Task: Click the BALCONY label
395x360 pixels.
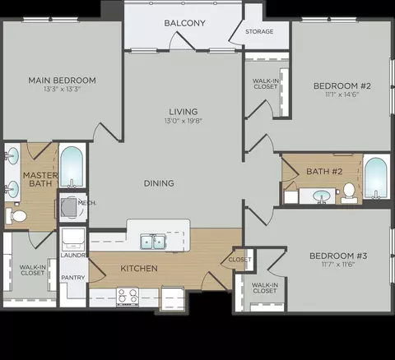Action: (x=184, y=23)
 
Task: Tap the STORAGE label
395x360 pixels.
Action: (x=259, y=31)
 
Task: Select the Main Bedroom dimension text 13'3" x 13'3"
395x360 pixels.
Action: (x=62, y=89)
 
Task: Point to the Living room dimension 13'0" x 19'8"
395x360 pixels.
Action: (x=184, y=121)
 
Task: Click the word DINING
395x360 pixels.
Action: (x=159, y=183)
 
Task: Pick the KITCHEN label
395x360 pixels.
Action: (x=139, y=269)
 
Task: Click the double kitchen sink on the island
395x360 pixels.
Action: (x=153, y=242)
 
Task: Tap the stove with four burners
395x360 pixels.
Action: (x=128, y=297)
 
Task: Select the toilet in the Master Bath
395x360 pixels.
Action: (x=16, y=215)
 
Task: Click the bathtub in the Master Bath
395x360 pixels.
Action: (x=72, y=167)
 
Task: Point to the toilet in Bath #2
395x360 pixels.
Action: (x=349, y=193)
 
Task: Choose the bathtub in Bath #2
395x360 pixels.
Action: (x=376, y=177)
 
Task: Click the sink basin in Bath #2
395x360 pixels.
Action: (x=321, y=196)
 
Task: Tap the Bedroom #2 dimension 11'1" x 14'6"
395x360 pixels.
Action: (x=342, y=95)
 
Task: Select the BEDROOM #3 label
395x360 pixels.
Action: (x=338, y=256)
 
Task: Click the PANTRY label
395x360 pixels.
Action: (x=73, y=278)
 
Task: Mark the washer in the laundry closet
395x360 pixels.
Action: (x=73, y=239)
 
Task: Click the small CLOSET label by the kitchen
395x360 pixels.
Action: (x=239, y=260)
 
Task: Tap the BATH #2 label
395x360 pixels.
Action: (x=324, y=172)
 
